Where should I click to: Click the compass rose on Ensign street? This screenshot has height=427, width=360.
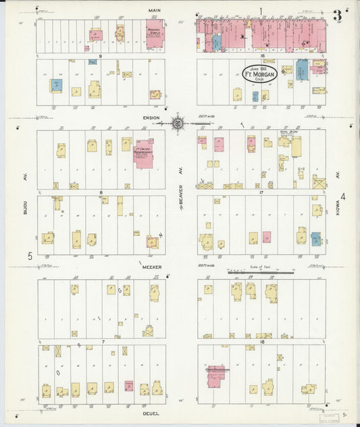pos(178,123)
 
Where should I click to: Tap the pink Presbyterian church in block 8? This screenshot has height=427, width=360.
pos(144,153)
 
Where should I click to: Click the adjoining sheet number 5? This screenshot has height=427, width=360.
pos(30,256)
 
